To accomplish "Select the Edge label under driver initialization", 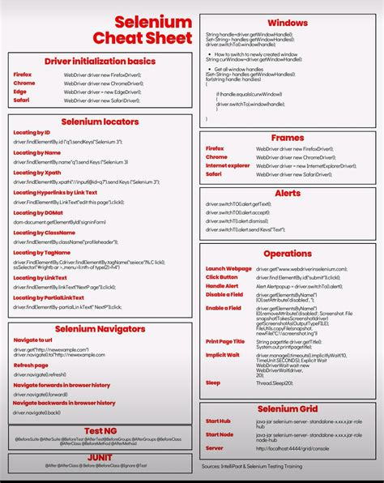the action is pyautogui.click(x=21, y=92).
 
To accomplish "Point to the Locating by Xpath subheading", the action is pyautogui.click(x=37, y=173).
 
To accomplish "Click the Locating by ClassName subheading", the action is pyautogui.click(x=44, y=232).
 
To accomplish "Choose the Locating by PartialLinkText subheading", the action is pyautogui.click(x=49, y=297).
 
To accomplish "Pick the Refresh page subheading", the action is pyautogui.click(x=31, y=365).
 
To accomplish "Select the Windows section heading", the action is pyautogui.click(x=287, y=22).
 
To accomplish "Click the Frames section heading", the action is pyautogui.click(x=287, y=138).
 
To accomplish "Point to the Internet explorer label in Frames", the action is pyautogui.click(x=228, y=165).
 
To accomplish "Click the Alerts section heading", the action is pyautogui.click(x=287, y=194).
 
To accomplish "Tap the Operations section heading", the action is pyautogui.click(x=287, y=254).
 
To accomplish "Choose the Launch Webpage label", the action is pyautogui.click(x=228, y=268).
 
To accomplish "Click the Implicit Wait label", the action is pyautogui.click(x=223, y=354).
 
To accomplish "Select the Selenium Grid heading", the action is pyautogui.click(x=287, y=409).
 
